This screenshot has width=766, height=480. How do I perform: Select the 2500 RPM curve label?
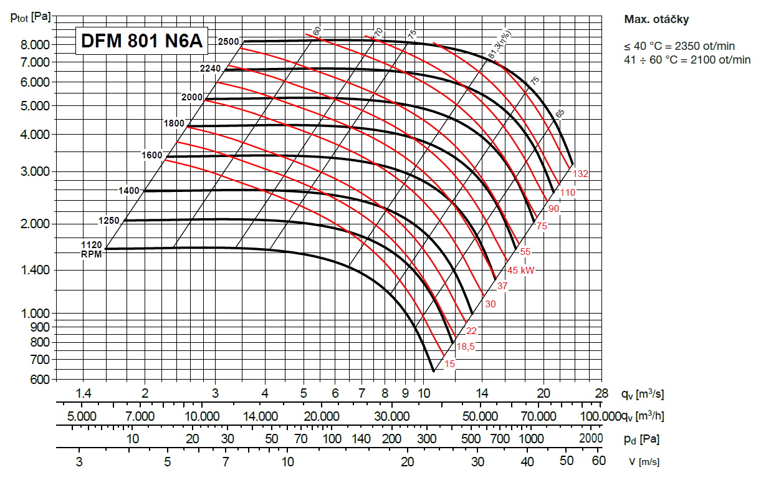click(x=228, y=41)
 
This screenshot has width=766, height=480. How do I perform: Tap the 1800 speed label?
click(x=174, y=123)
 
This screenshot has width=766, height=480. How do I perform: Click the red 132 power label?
click(x=581, y=173)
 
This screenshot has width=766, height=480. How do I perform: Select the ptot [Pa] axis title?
click(x=31, y=17)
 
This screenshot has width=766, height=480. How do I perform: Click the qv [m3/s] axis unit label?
click(x=642, y=393)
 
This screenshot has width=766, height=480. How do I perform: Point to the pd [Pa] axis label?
click(x=641, y=439)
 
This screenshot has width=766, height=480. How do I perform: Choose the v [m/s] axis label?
click(x=641, y=461)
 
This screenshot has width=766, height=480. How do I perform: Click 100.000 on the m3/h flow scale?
click(x=599, y=416)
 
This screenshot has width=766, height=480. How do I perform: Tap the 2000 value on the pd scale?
click(x=591, y=439)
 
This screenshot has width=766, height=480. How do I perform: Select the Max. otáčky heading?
click(x=656, y=19)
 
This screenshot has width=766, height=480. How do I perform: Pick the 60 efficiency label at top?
click(x=317, y=31)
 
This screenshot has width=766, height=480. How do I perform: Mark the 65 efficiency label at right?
click(x=560, y=113)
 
